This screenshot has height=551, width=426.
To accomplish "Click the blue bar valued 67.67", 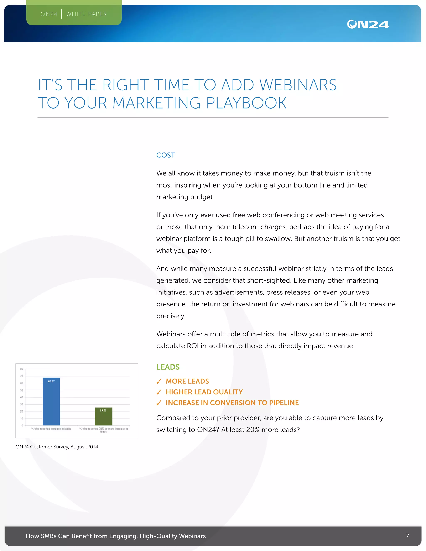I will click(x=51, y=402).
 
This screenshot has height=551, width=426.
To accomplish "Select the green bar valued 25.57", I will click(x=103, y=416).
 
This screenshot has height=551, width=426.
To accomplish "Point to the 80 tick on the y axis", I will click(x=22, y=369).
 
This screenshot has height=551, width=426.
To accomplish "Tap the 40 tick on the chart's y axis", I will click(x=22, y=397).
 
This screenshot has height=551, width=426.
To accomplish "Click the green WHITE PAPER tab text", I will click(x=87, y=14).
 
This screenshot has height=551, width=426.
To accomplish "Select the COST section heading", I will click(x=166, y=155).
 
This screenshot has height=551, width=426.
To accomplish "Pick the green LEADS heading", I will click(x=168, y=367).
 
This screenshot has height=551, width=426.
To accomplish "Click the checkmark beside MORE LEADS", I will click(x=159, y=381).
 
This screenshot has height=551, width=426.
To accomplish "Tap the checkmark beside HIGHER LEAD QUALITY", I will click(x=159, y=392).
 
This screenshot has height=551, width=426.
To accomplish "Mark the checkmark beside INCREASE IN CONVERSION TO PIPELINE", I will click(x=159, y=403).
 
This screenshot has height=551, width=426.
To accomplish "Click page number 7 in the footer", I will click(x=407, y=535).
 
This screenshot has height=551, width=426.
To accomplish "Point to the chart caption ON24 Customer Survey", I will click(x=57, y=447).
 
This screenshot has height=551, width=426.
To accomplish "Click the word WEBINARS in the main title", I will click(x=298, y=85).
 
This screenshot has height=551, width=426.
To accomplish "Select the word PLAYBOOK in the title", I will click(x=246, y=103).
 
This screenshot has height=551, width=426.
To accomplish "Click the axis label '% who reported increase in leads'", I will click(x=51, y=429).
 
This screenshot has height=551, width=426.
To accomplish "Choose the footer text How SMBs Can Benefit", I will click(x=116, y=536).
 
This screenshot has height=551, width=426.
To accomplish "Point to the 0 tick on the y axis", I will click(x=22, y=425).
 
